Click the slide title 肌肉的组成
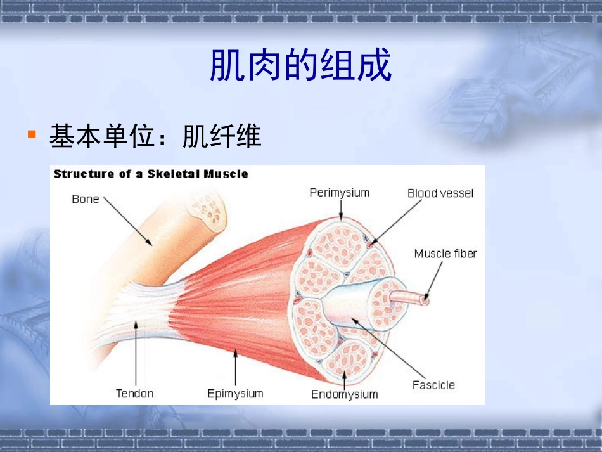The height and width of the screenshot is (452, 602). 300,66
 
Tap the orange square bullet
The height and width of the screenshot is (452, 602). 31,134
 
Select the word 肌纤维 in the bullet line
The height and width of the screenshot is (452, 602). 222,136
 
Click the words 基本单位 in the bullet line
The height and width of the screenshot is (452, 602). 102,136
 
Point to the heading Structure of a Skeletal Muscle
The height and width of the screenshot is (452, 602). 151,174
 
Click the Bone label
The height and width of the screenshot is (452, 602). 86,199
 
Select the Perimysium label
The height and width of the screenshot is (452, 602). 339,192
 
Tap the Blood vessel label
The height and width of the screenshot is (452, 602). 440,193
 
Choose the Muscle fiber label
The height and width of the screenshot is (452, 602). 445,254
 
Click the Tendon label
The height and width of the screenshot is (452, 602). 134,394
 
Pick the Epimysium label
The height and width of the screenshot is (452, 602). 235,394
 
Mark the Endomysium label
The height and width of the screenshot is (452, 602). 344,394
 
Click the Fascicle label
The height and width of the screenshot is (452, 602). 433,385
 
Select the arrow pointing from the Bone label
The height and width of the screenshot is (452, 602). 127,221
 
